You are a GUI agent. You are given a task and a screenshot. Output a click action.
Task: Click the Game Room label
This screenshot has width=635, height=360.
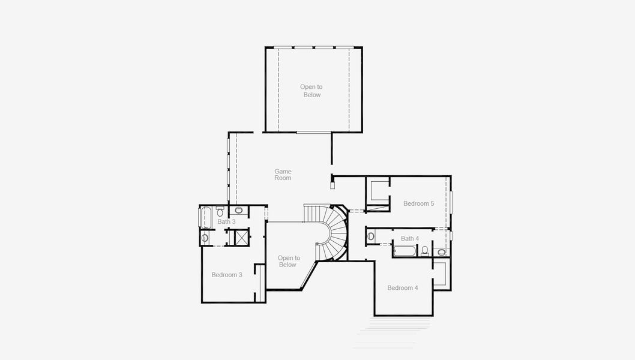click(x=283, y=175)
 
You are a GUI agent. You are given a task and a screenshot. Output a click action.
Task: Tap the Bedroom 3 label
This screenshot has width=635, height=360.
click(x=227, y=275)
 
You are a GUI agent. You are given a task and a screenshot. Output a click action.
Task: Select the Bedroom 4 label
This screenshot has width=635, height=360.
click(x=402, y=288)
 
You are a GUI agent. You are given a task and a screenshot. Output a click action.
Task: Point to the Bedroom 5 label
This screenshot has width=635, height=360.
click(x=418, y=203)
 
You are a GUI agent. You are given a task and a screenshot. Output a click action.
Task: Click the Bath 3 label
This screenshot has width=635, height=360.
click(x=226, y=222)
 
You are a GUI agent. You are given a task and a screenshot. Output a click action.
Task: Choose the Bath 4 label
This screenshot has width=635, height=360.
click(x=410, y=239)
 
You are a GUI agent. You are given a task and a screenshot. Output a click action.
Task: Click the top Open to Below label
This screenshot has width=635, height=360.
click(x=311, y=91)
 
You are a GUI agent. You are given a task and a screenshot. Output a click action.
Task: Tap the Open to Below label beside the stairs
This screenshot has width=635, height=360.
click(x=289, y=262)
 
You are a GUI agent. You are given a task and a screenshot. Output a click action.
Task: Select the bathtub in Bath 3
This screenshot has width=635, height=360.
click(x=205, y=217)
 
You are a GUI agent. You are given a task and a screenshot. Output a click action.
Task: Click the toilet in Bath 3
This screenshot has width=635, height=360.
click(x=220, y=212)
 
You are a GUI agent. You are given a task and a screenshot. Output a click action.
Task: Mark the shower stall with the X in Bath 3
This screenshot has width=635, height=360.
click(x=241, y=237)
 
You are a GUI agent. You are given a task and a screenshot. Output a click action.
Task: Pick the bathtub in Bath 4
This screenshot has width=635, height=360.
click(x=406, y=251)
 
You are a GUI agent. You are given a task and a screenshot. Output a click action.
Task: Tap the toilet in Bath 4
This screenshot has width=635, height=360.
click(x=425, y=250)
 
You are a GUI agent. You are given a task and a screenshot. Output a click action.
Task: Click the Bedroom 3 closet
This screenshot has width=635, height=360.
click(x=259, y=282)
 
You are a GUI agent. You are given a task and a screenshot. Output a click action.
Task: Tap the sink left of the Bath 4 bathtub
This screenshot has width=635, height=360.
click(x=371, y=236)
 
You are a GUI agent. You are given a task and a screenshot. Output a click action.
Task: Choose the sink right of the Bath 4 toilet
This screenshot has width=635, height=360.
click(x=442, y=252)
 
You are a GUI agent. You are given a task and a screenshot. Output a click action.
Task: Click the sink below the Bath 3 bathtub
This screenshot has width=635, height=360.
click(x=205, y=238)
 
